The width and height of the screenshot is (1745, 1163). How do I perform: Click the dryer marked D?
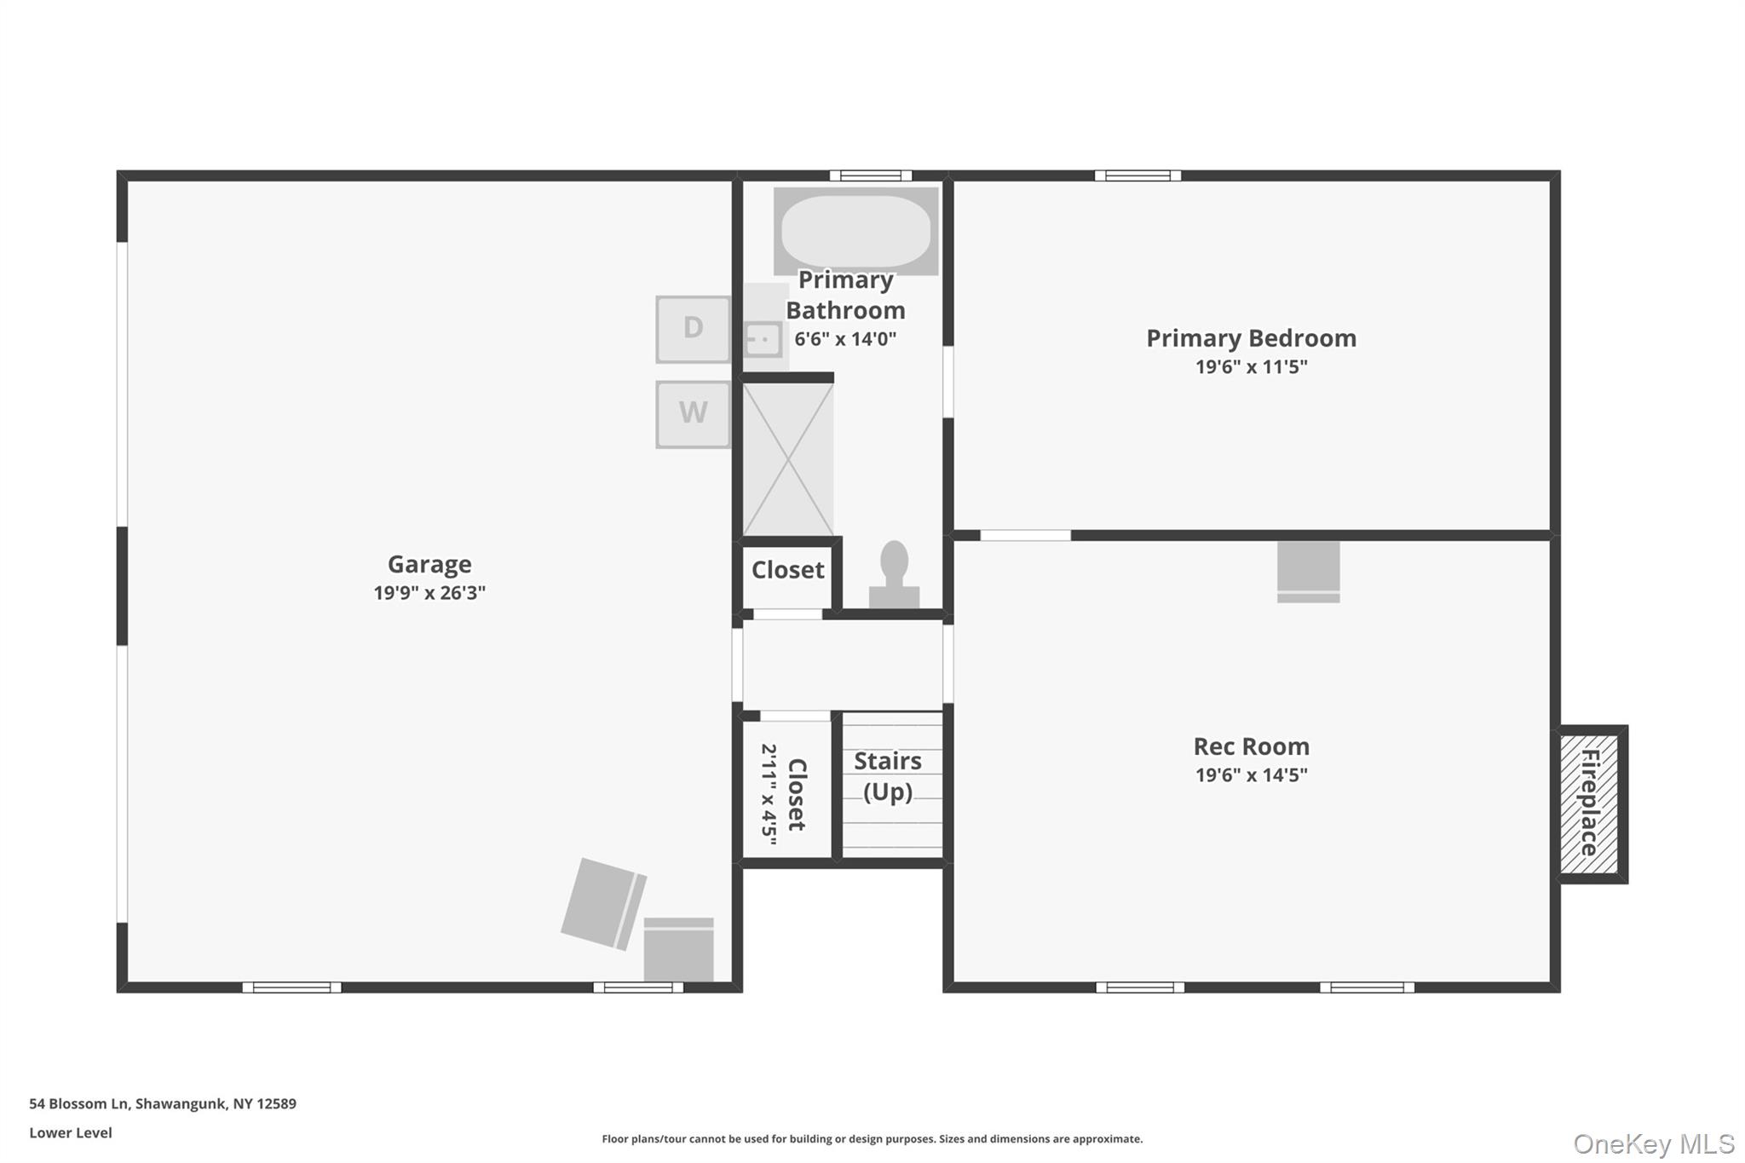693,329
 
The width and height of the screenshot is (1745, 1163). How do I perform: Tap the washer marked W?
693,414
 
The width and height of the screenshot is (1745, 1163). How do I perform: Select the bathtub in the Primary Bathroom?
855,231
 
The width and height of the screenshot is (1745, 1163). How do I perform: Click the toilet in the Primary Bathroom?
894,574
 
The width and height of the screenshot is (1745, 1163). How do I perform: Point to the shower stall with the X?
788,459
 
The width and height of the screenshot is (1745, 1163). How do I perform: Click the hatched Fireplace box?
1589,803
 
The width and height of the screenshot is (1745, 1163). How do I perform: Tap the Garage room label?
429,564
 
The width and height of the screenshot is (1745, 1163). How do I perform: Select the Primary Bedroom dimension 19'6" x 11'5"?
1251,366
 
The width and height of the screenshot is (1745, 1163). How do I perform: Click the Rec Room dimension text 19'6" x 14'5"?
1251,774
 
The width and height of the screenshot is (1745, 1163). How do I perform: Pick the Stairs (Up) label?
888,776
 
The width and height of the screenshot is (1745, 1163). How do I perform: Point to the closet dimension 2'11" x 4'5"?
769,794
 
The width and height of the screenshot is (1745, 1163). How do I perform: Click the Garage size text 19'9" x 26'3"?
429,592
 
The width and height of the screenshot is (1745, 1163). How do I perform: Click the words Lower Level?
71,1132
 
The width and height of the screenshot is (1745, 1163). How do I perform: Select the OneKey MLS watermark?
1654,1143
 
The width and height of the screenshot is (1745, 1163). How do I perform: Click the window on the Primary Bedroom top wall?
1137,176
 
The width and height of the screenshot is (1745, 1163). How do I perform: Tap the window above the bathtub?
871,176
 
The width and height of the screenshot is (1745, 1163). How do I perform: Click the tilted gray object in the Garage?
603,904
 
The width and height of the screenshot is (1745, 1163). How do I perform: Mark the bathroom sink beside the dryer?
763,339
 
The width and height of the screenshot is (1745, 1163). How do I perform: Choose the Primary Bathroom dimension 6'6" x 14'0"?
845,339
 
